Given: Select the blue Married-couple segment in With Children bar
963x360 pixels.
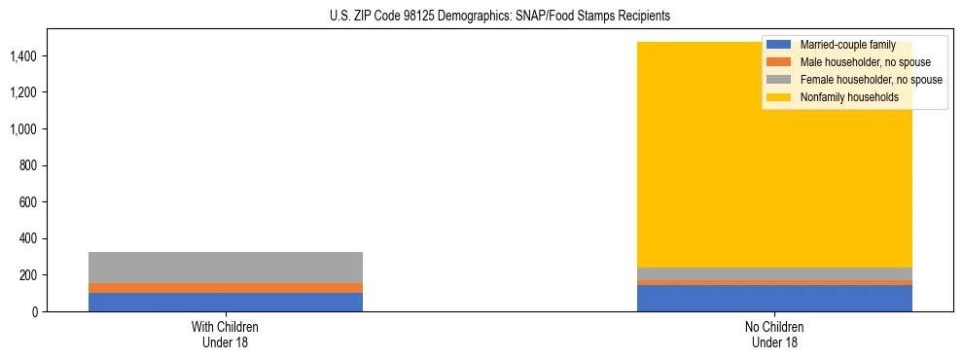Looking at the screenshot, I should coord(226,302).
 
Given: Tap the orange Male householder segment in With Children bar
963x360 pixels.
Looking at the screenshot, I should coord(226,288).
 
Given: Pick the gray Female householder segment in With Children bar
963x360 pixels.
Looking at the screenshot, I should coord(226,268).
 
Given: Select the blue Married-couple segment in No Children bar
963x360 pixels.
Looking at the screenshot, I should coord(774,299).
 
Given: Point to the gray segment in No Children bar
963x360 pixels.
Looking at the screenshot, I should coord(774,273).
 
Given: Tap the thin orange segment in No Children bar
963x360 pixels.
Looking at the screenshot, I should coord(774,283).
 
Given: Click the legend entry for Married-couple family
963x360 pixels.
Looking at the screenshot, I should coord(847,45).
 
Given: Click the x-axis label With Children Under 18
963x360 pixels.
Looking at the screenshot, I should coord(226,334).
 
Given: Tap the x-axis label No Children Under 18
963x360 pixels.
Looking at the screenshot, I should coord(774,334).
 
